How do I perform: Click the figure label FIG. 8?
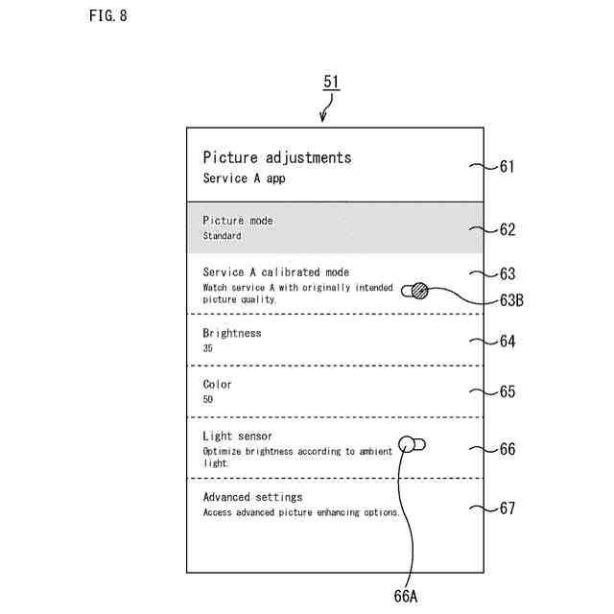tap(107, 16)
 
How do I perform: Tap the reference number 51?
tap(331, 83)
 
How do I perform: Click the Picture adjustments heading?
tap(276, 157)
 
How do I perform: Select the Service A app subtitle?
tap(244, 178)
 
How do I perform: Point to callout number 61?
tap(507, 166)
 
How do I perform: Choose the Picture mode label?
tap(238, 221)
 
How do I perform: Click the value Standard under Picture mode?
tap(222, 236)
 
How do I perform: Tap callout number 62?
tap(507, 229)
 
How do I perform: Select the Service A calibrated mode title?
tap(275, 272)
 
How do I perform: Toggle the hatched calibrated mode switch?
tap(417, 290)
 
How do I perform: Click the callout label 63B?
tap(511, 299)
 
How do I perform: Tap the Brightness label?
tap(232, 333)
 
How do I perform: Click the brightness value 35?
tap(208, 348)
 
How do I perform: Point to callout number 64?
tap(507, 341)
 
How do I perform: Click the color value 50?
tap(208, 399)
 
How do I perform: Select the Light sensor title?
tap(237, 437)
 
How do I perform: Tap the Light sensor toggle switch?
tap(413, 444)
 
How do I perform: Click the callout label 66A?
tap(406, 597)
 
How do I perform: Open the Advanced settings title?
tap(252, 497)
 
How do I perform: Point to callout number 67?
tap(507, 508)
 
